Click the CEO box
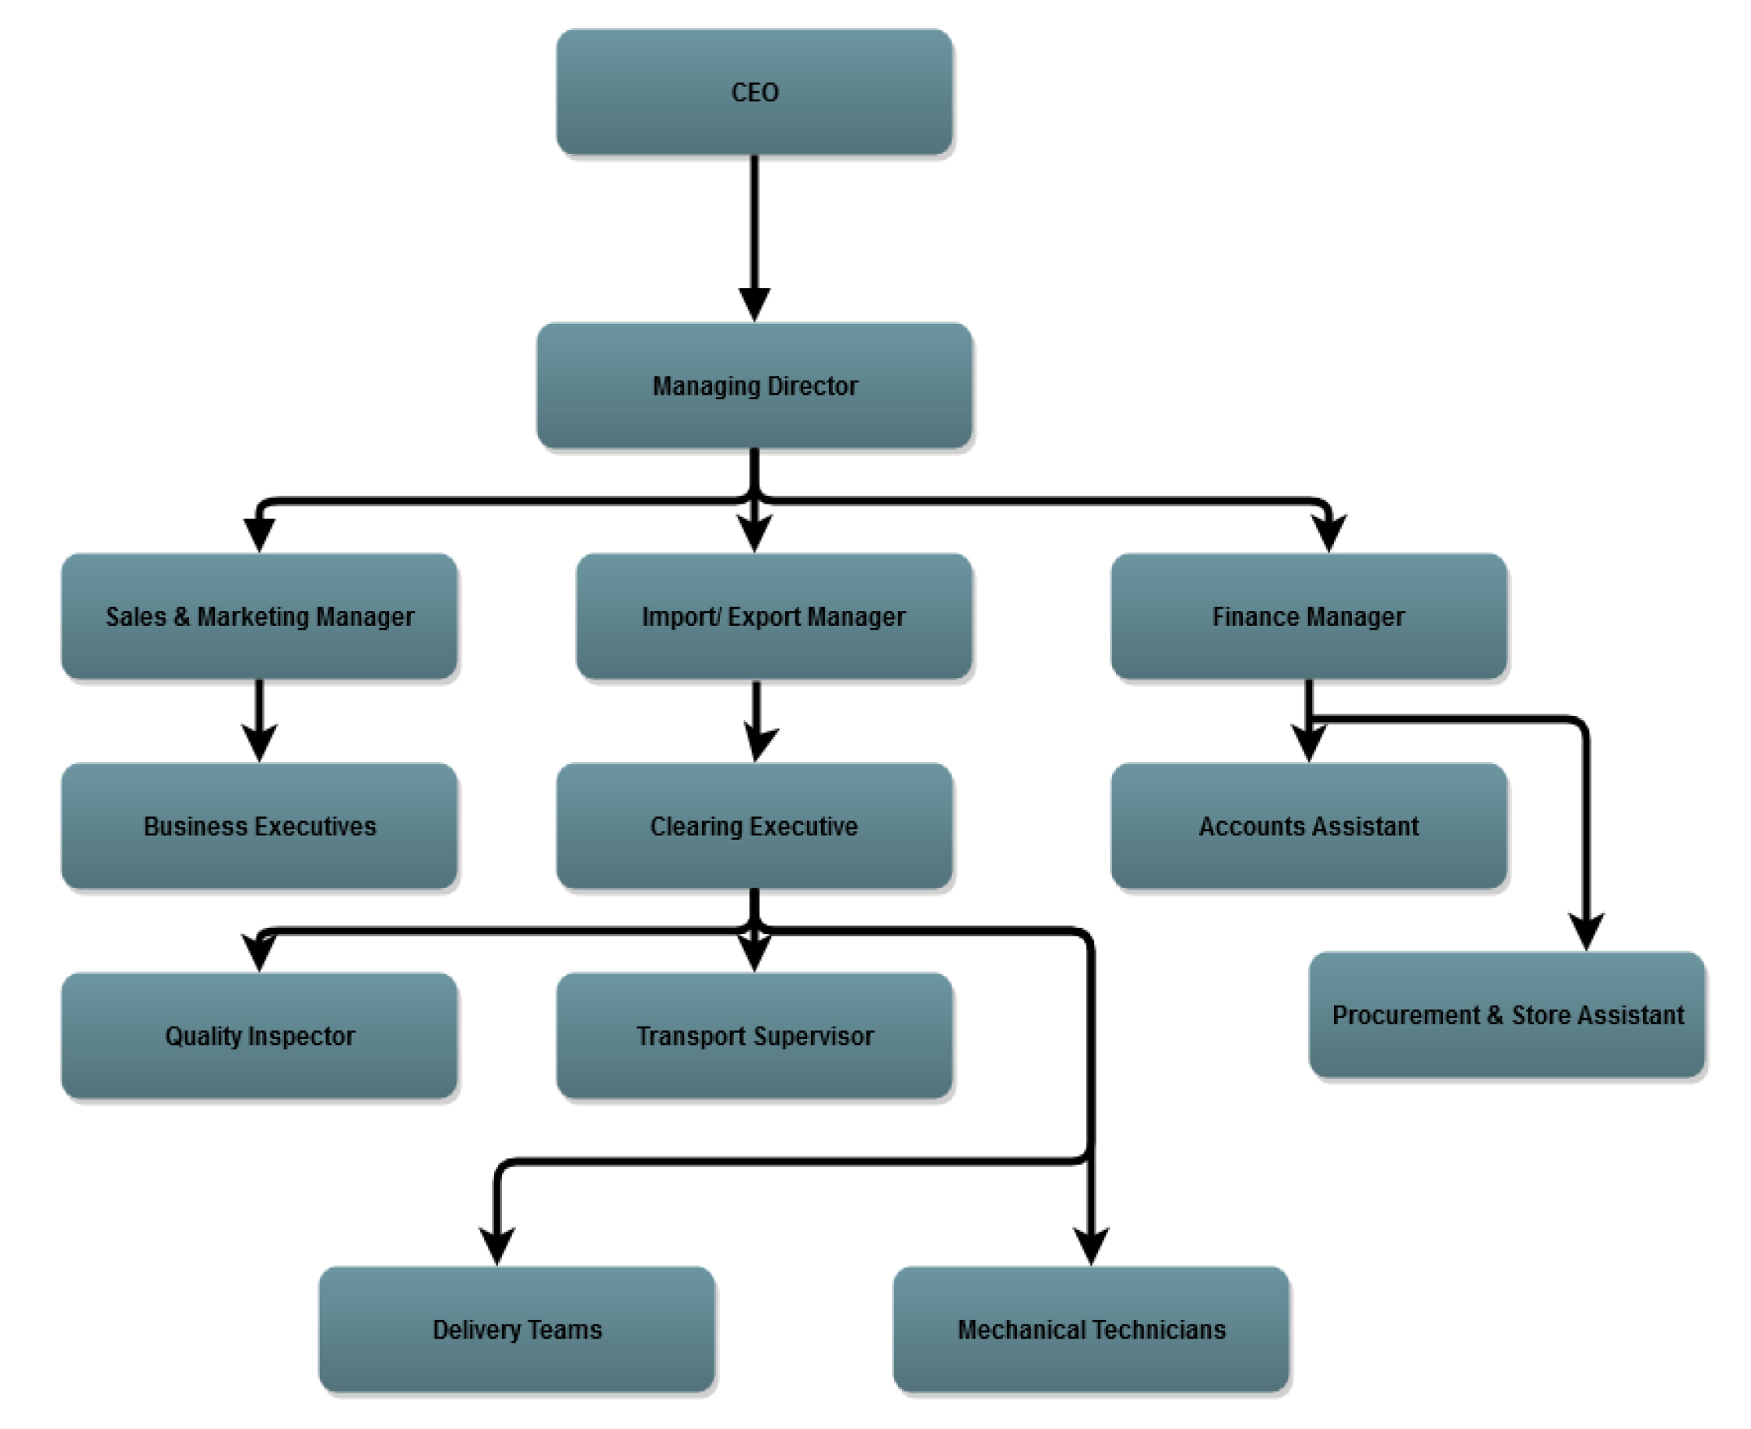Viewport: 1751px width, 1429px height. click(755, 92)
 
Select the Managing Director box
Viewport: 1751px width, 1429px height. click(755, 385)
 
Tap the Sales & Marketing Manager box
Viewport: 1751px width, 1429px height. click(259, 616)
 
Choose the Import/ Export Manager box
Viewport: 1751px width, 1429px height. click(774, 616)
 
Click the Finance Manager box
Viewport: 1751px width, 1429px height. click(1309, 616)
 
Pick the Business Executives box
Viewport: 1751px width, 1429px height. click(259, 826)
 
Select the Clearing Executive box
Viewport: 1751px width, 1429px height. click(755, 826)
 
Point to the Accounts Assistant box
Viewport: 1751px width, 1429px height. click(1309, 826)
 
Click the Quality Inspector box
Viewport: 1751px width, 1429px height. click(259, 1035)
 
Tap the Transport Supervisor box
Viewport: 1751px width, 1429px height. click(755, 1035)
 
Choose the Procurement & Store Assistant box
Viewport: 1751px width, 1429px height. click(1507, 1014)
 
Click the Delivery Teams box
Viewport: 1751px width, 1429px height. click(517, 1329)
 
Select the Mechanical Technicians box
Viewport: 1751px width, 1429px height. click(1091, 1329)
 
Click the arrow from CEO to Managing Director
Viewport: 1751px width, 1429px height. click(755, 239)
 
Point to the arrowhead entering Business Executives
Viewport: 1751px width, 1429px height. click(259, 743)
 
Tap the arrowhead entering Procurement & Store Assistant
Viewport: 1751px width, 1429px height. click(1587, 932)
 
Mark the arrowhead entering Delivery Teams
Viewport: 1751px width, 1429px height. click(497, 1247)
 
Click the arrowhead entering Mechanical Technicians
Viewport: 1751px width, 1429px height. click(1091, 1247)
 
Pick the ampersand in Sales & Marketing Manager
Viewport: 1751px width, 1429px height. click(182, 616)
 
